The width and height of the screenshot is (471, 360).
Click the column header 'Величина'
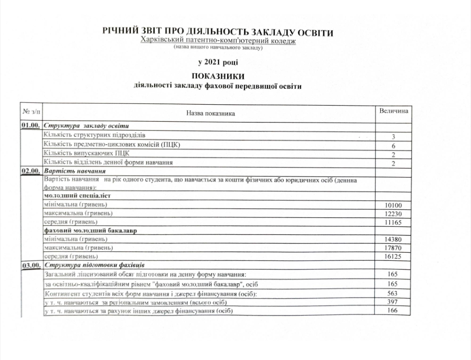(x=394, y=111)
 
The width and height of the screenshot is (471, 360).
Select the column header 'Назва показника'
(x=210, y=114)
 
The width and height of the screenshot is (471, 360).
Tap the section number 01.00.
(x=30, y=125)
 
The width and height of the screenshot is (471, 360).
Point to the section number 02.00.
(x=30, y=171)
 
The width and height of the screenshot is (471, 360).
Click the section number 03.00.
(x=30, y=265)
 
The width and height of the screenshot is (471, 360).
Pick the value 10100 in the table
(x=393, y=205)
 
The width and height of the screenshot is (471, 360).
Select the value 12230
(x=393, y=214)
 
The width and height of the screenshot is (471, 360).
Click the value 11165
(x=393, y=223)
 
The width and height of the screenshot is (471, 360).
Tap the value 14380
(x=393, y=239)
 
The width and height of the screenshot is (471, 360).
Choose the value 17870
(x=393, y=248)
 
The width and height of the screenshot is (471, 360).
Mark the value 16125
(x=393, y=257)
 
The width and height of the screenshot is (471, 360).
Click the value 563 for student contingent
(x=393, y=294)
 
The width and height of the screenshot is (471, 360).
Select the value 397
(x=393, y=303)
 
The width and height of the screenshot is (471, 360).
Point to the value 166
(x=393, y=312)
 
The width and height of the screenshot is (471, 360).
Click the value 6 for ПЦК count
(x=393, y=146)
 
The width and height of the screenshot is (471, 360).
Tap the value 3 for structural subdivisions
(x=393, y=137)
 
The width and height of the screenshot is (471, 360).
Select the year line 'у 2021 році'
(x=218, y=62)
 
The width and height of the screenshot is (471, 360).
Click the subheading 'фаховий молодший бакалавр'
(x=90, y=231)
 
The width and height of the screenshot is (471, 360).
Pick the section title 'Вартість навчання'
(x=71, y=171)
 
